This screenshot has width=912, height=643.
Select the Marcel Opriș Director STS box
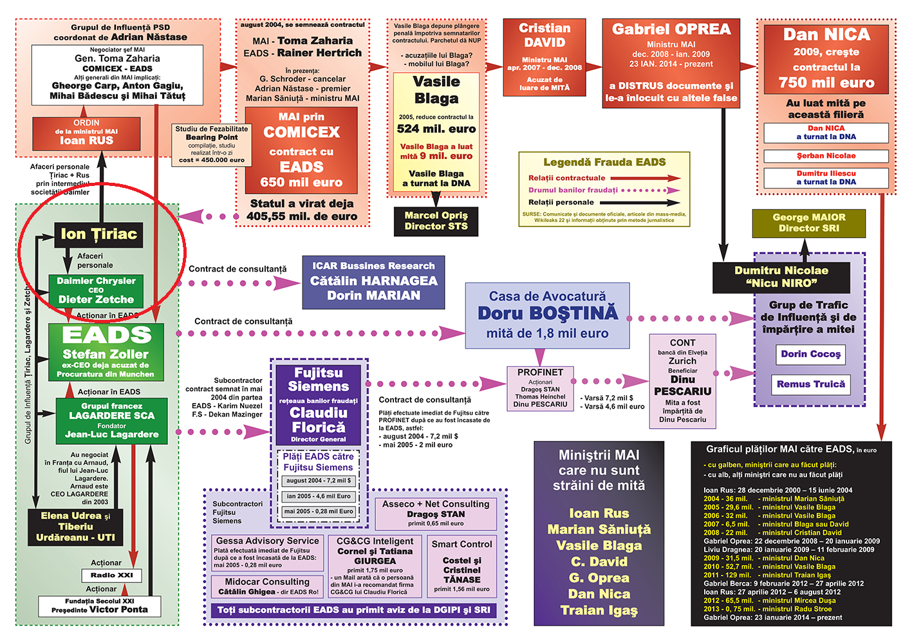436,221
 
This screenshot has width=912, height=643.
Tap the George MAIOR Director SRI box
808,223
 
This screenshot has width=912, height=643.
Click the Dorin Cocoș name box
810,354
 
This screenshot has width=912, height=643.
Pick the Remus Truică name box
810,384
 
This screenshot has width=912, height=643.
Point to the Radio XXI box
111,575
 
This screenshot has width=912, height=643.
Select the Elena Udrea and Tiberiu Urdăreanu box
75,527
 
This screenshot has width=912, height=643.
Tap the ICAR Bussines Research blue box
373,281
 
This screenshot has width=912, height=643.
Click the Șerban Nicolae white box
826,156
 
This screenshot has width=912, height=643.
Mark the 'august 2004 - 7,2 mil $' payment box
319,481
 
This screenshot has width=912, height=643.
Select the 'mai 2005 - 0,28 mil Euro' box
319,512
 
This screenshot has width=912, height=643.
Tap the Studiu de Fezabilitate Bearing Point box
211,144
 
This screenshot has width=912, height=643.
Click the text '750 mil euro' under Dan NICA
826,82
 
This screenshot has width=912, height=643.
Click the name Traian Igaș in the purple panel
599,610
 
